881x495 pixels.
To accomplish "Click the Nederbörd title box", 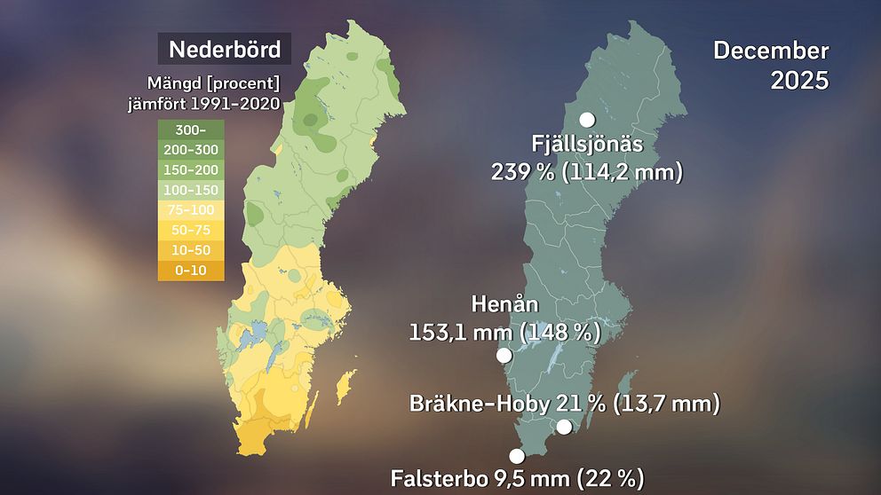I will coord(224,49).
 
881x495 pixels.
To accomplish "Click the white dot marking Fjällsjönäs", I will coord(587,120).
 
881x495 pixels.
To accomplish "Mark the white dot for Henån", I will coord(504,355).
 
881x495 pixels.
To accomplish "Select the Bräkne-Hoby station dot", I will coord(564,427).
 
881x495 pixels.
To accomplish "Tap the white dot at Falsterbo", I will coord(517,456).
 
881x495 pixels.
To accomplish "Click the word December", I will coord(770,51).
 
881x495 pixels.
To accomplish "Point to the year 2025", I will coord(799,81).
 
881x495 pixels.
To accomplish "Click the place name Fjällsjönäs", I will coord(586,145).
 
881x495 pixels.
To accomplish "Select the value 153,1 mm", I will coord(461,333).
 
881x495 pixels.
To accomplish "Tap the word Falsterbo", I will coord(435,479).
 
